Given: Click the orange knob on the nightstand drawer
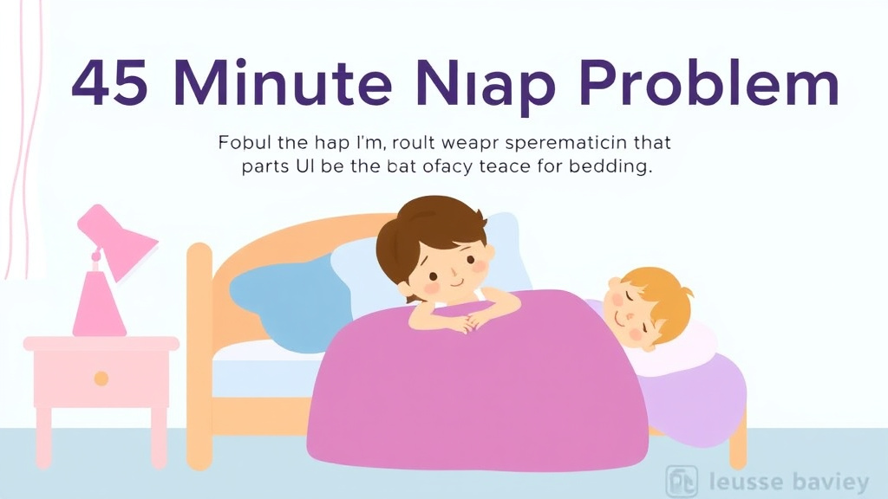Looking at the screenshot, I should tap(101, 378).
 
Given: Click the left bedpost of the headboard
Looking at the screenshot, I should tap(200, 347).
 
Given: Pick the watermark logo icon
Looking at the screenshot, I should tap(681, 482).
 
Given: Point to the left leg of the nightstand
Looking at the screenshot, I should tap(43, 437).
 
